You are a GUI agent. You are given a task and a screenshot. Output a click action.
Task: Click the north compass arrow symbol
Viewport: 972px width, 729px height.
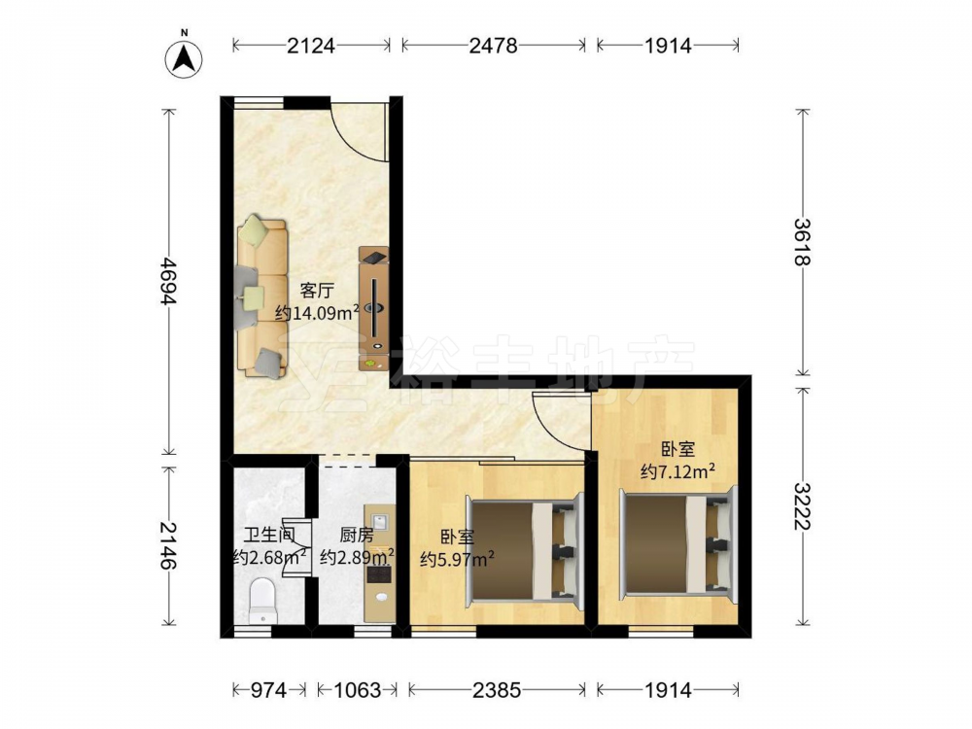[x=184, y=59]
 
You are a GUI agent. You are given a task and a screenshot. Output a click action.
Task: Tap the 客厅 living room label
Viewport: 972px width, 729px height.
[x=317, y=290]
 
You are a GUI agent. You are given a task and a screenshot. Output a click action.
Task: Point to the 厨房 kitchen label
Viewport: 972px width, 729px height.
[x=357, y=535]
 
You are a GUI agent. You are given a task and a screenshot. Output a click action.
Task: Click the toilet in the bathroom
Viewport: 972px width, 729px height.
[x=261, y=601]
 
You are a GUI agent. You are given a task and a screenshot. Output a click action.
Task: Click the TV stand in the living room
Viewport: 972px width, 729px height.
[x=374, y=309]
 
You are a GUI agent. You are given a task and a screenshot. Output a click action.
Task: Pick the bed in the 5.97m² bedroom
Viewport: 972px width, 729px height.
[x=526, y=550]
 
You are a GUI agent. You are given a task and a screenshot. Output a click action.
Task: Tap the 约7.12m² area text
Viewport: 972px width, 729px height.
[x=678, y=471]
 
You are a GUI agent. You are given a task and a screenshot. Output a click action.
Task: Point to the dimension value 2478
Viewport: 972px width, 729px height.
[x=494, y=46]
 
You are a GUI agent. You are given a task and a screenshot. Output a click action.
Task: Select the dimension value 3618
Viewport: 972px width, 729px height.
[x=803, y=242]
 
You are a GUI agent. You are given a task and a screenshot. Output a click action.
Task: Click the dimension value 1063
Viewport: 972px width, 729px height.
[x=357, y=690]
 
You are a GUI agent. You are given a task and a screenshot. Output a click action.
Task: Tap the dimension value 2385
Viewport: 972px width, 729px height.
[x=497, y=690]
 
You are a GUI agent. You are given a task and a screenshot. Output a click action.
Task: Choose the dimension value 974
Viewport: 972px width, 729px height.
[x=268, y=690]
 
